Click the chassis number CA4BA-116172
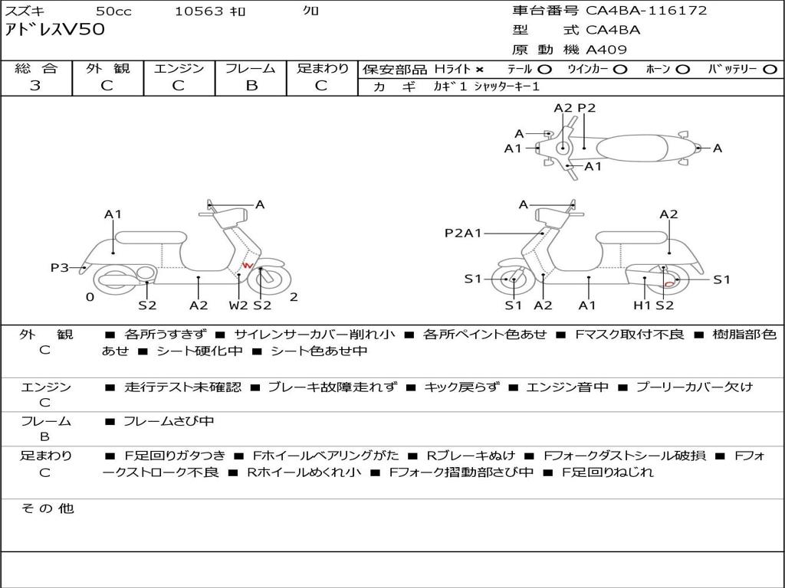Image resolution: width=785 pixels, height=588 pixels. pyautogui.click(x=645, y=11)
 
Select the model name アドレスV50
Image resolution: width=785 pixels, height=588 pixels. pyautogui.click(x=55, y=30)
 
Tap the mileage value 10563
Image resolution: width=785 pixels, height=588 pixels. pyautogui.click(x=199, y=11)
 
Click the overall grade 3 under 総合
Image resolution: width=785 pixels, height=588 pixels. pyautogui.click(x=35, y=86)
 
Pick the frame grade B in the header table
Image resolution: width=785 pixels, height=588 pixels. pyautogui.click(x=251, y=86)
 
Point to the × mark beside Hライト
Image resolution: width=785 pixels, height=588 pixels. pyautogui.click(x=480, y=70)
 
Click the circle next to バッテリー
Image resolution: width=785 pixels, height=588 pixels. pyautogui.click(x=770, y=70)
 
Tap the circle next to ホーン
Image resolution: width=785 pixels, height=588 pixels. pyautogui.click(x=682, y=70)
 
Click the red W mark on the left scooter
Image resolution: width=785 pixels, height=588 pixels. pyautogui.click(x=248, y=265)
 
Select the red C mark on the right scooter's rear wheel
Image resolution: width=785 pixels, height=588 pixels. pyautogui.click(x=668, y=284)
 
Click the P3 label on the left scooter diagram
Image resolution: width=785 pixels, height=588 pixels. pyautogui.click(x=60, y=267)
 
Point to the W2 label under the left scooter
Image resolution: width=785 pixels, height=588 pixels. pyautogui.click(x=238, y=305)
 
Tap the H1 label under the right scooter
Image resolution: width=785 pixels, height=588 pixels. pyautogui.click(x=642, y=305)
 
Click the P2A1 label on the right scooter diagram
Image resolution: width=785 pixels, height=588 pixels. pyautogui.click(x=463, y=233)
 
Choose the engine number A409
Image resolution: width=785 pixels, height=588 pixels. pyautogui.click(x=606, y=50)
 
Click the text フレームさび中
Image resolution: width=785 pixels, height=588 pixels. pyautogui.click(x=169, y=421)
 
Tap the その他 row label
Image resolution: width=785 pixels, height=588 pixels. pyautogui.click(x=48, y=508)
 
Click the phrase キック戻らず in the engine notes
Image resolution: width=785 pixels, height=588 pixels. pyautogui.click(x=461, y=387)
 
